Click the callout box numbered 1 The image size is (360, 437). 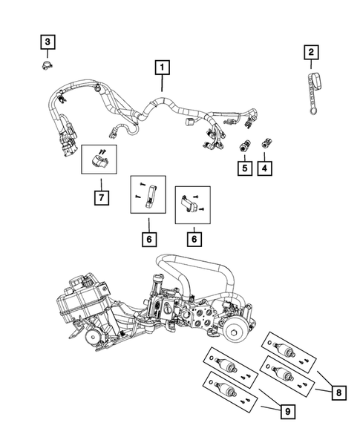160,68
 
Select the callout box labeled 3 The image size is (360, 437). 47,42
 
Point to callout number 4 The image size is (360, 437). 264,168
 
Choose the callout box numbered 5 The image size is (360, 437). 243,168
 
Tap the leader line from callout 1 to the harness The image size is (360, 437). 160,85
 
